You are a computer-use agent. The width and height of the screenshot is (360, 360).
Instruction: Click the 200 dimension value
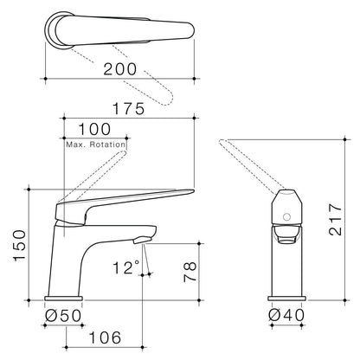click(x=120, y=69)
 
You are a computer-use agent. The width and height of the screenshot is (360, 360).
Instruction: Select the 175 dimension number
click(x=128, y=109)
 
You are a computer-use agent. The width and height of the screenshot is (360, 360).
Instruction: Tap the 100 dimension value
click(x=94, y=129)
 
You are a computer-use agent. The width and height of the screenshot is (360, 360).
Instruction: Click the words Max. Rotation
click(x=96, y=145)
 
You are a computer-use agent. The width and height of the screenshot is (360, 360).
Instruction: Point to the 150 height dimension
click(x=20, y=246)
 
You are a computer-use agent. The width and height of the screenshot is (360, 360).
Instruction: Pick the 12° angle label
click(x=126, y=267)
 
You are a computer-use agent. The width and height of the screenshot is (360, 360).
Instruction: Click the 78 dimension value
click(x=190, y=272)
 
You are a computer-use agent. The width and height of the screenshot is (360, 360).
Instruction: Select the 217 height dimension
click(x=335, y=220)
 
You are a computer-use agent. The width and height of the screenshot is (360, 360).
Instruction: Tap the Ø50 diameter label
click(x=63, y=315)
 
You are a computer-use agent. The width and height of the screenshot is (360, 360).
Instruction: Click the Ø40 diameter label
click(x=286, y=315)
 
